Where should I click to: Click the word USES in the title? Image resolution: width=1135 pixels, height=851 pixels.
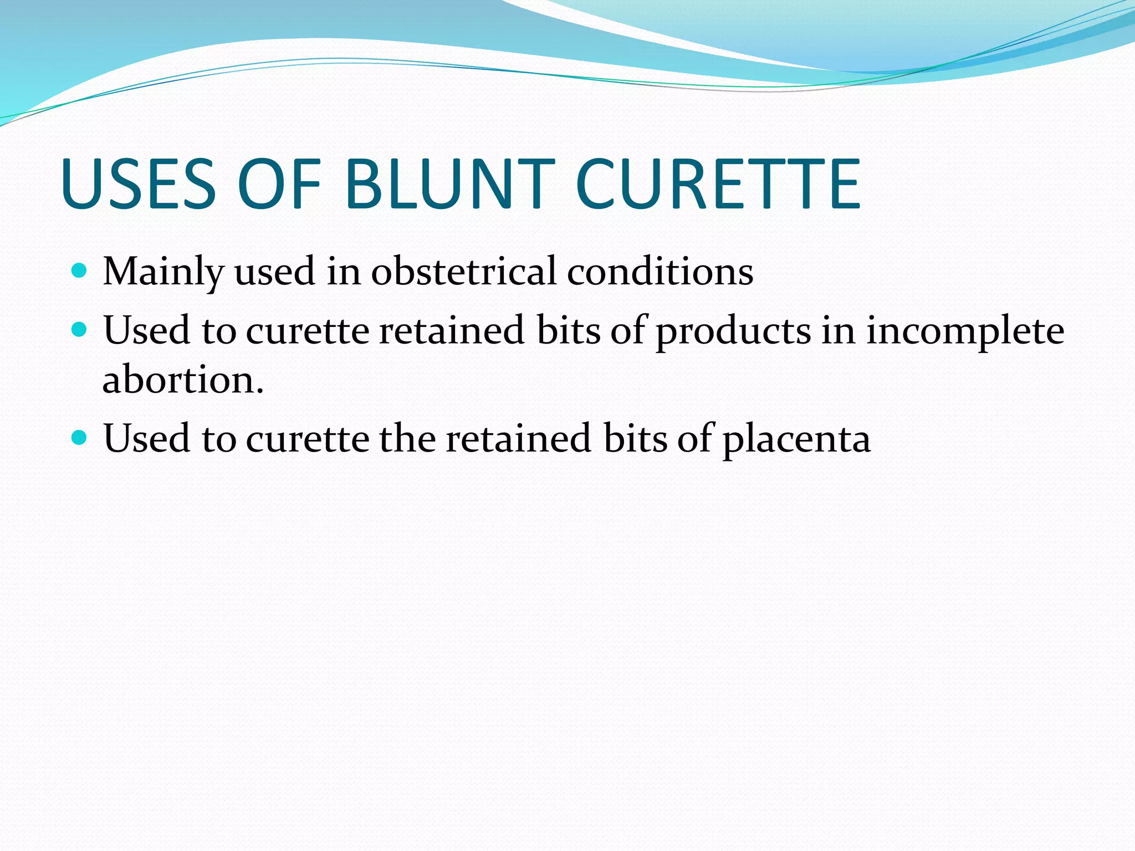point(139,184)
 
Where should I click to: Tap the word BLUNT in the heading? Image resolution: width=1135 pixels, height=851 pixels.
point(449,184)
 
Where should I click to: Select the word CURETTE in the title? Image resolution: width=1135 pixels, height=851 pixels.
point(718,184)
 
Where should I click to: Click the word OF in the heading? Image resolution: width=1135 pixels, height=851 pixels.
point(279,184)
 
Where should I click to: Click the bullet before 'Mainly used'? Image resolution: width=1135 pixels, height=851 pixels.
point(80,270)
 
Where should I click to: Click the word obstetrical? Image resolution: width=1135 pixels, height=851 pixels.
point(463,271)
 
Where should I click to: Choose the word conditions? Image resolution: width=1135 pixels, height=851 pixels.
point(659,271)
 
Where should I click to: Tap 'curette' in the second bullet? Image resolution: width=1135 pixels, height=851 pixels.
point(307,331)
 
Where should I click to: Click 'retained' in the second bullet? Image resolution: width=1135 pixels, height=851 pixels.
point(452,331)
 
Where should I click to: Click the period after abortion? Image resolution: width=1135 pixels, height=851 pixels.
point(260,391)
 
